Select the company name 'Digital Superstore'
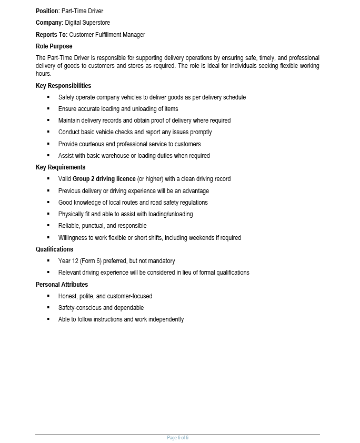pyautogui.click(x=87, y=23)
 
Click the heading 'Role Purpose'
pyautogui.click(x=54, y=46)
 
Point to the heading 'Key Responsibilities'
pyautogui.click(x=63, y=86)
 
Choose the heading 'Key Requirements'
pyautogui.click(x=61, y=167)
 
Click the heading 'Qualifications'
pyautogui.click(x=54, y=249)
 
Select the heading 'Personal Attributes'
pyautogui.click(x=62, y=285)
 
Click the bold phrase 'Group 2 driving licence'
pyautogui.click(x=104, y=179)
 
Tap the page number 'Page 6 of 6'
pyautogui.click(x=177, y=438)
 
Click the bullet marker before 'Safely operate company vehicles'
pyautogui.click(x=48, y=97)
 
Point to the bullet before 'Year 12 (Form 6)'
pyautogui.click(x=48, y=260)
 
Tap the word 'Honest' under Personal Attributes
pyautogui.click(x=67, y=296)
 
